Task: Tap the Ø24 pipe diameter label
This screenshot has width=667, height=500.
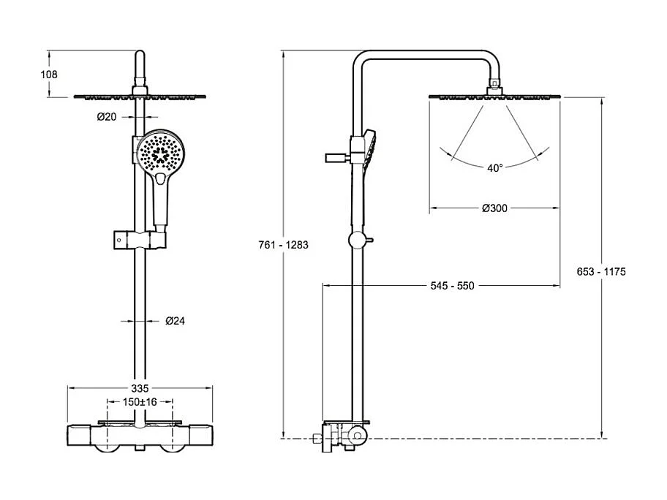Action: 175,320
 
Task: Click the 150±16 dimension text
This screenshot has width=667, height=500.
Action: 140,401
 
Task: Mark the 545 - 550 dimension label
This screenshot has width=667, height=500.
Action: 451,285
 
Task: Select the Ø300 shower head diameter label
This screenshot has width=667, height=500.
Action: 494,208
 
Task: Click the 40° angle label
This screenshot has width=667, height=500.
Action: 495,167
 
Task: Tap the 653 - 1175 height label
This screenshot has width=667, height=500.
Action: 602,271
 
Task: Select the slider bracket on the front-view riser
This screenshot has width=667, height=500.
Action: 139,240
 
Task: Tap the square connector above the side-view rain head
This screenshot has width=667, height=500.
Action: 495,86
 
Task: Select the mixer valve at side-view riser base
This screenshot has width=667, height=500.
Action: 351,436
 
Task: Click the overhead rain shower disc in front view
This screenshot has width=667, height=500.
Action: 140,96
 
